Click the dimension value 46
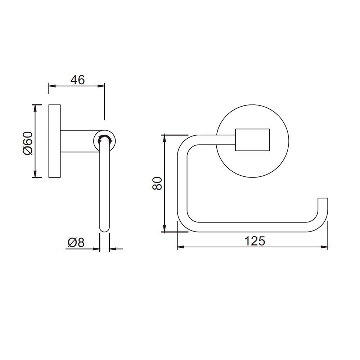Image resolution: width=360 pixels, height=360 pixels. (77, 80)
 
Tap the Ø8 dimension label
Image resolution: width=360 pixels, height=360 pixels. (76, 243)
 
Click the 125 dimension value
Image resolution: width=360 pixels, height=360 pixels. (255, 240)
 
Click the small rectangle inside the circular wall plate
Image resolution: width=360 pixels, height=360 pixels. (252, 139)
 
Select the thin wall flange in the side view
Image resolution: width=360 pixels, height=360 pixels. (54, 141)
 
